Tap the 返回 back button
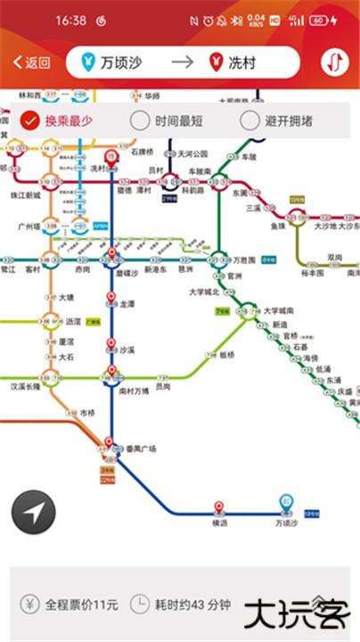[x=31, y=62]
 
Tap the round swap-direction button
[x=335, y=62]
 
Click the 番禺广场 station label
[x=140, y=449]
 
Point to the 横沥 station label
[x=219, y=523]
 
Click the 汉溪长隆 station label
[x=26, y=387]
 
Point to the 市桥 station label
[x=87, y=413]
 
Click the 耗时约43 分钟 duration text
[x=192, y=605]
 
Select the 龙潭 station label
[x=127, y=303]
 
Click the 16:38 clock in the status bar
[x=70, y=20]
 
